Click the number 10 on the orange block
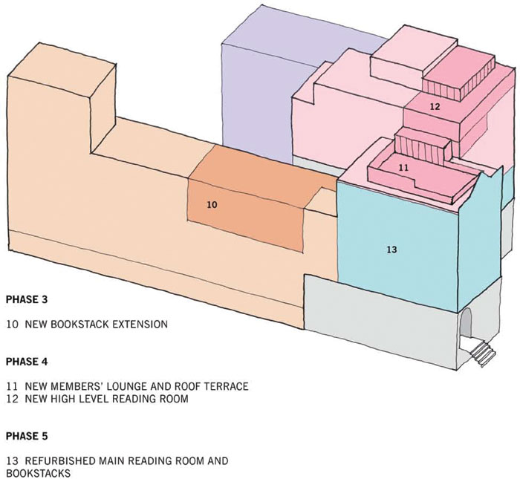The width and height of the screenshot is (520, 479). click(212, 205)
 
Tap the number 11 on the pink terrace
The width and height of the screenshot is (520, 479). click(403, 168)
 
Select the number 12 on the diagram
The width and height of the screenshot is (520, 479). click(435, 107)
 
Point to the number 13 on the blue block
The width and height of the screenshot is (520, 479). click(391, 250)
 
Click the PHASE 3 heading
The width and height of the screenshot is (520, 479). click(27, 300)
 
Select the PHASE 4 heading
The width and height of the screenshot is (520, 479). click(27, 362)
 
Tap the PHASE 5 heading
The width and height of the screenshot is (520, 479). click(27, 436)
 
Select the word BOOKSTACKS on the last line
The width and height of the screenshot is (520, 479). click(39, 473)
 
